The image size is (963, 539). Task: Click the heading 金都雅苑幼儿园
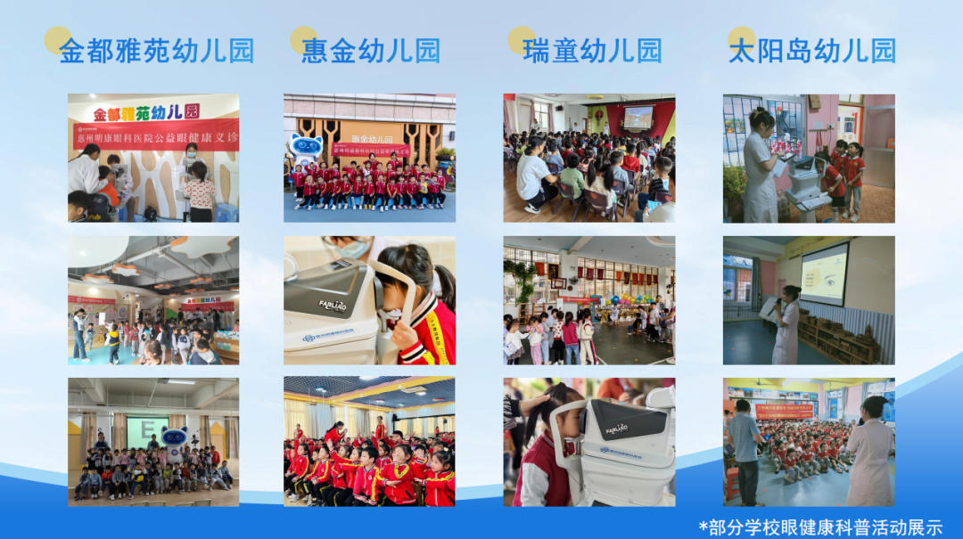point(157,51)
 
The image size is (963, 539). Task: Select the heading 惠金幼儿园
point(371,51)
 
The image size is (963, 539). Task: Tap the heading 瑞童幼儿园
point(593,51)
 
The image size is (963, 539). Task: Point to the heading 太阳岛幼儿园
point(812,51)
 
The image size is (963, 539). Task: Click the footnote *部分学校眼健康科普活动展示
point(820,527)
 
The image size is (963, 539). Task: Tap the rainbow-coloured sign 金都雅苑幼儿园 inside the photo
point(146,112)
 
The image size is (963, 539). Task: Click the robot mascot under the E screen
point(175,442)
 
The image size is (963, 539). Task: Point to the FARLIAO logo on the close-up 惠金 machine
point(332,304)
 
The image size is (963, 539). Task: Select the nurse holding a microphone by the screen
point(787,326)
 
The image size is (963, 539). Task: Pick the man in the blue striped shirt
point(745,450)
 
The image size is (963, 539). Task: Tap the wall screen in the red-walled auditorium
point(638,117)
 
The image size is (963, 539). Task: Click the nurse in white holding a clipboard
point(761,167)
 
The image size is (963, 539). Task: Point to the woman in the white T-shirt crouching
point(535,176)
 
